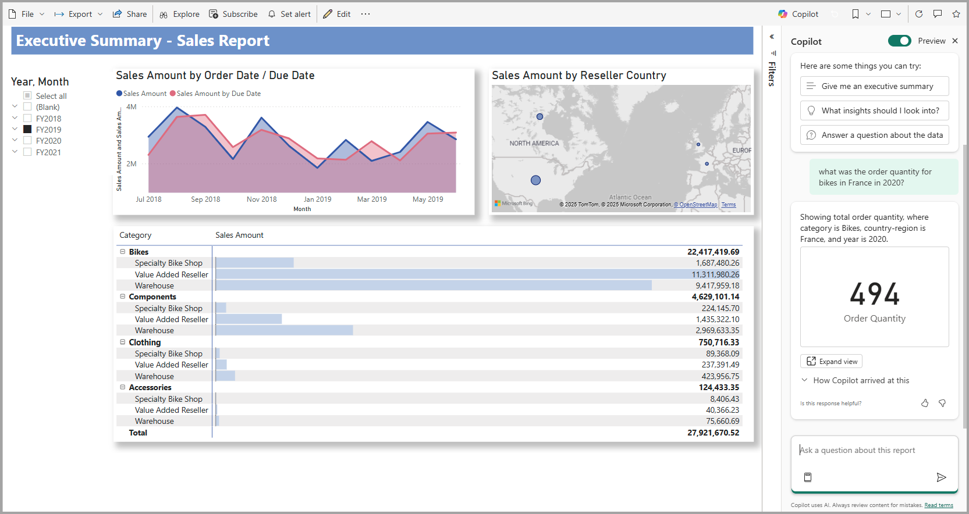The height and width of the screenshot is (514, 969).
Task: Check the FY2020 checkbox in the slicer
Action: click(27, 141)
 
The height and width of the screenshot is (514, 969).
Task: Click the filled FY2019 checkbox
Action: click(27, 130)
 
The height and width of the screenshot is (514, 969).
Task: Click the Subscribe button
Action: click(233, 14)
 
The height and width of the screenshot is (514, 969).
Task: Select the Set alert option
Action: click(289, 14)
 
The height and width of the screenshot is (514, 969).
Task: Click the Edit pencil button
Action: click(337, 14)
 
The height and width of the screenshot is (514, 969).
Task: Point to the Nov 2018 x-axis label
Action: click(262, 199)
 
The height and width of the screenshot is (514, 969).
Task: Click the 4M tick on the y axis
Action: click(132, 107)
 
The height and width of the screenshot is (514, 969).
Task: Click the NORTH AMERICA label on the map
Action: click(534, 143)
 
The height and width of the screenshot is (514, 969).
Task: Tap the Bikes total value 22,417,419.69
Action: click(713, 252)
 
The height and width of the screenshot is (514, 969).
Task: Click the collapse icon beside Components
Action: click(123, 297)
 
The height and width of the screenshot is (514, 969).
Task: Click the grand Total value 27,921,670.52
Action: click(713, 433)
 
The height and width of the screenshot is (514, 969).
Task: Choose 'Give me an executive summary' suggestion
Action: click(874, 86)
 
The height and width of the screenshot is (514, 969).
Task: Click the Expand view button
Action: click(831, 362)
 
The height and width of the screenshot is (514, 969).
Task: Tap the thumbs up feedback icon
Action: click(925, 403)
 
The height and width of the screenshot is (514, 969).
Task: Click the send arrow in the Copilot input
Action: click(941, 477)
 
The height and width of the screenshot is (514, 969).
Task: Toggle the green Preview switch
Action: click(899, 41)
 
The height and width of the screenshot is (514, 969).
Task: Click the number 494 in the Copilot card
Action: click(874, 294)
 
